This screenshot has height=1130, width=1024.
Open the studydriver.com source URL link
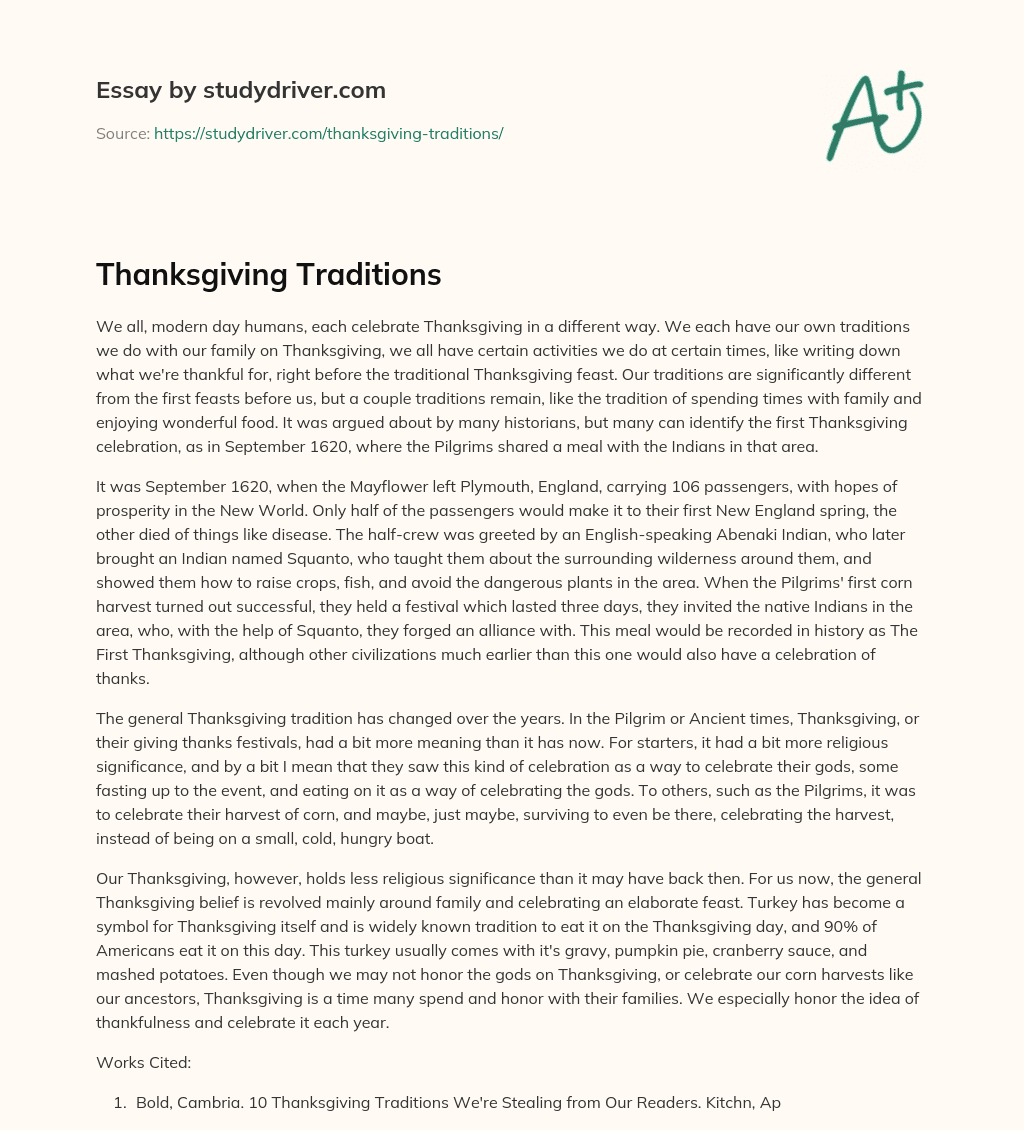328,133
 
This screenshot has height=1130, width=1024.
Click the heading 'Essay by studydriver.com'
240,90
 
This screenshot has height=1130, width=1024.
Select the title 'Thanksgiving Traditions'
268,275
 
